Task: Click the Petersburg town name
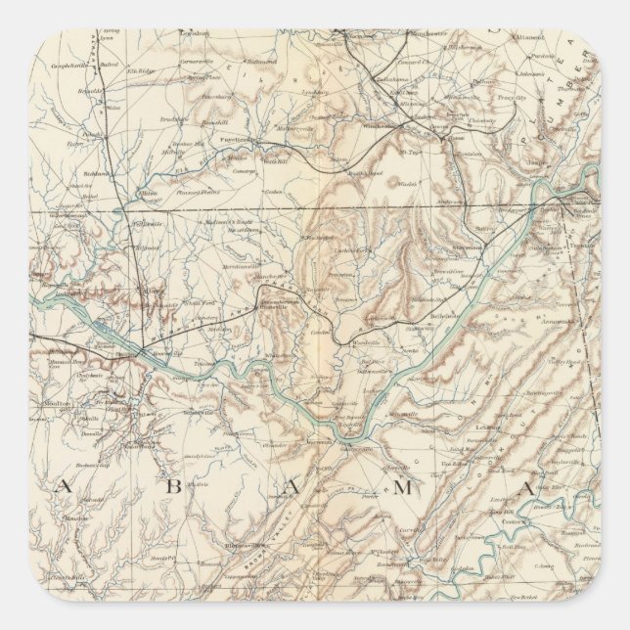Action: (213, 98)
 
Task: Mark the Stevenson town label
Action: (478, 247)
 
